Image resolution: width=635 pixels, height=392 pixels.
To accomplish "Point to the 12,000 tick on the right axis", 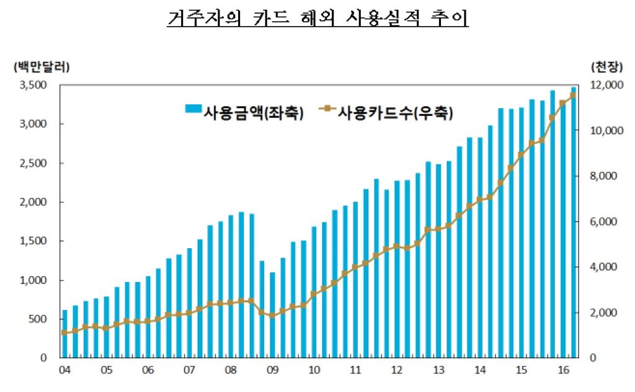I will click(600, 85).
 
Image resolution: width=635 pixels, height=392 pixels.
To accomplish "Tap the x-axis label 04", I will click(64, 370).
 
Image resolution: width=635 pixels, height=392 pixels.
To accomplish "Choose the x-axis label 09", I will click(272, 370).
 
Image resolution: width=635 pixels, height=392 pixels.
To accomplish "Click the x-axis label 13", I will click(438, 370).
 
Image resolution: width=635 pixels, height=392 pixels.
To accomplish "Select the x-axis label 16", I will click(564, 370).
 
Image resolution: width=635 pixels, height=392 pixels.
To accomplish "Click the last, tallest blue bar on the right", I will click(573, 223).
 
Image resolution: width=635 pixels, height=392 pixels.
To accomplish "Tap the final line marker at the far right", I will click(573, 95).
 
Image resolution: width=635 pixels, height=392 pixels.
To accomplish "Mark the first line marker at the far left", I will click(64, 332).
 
